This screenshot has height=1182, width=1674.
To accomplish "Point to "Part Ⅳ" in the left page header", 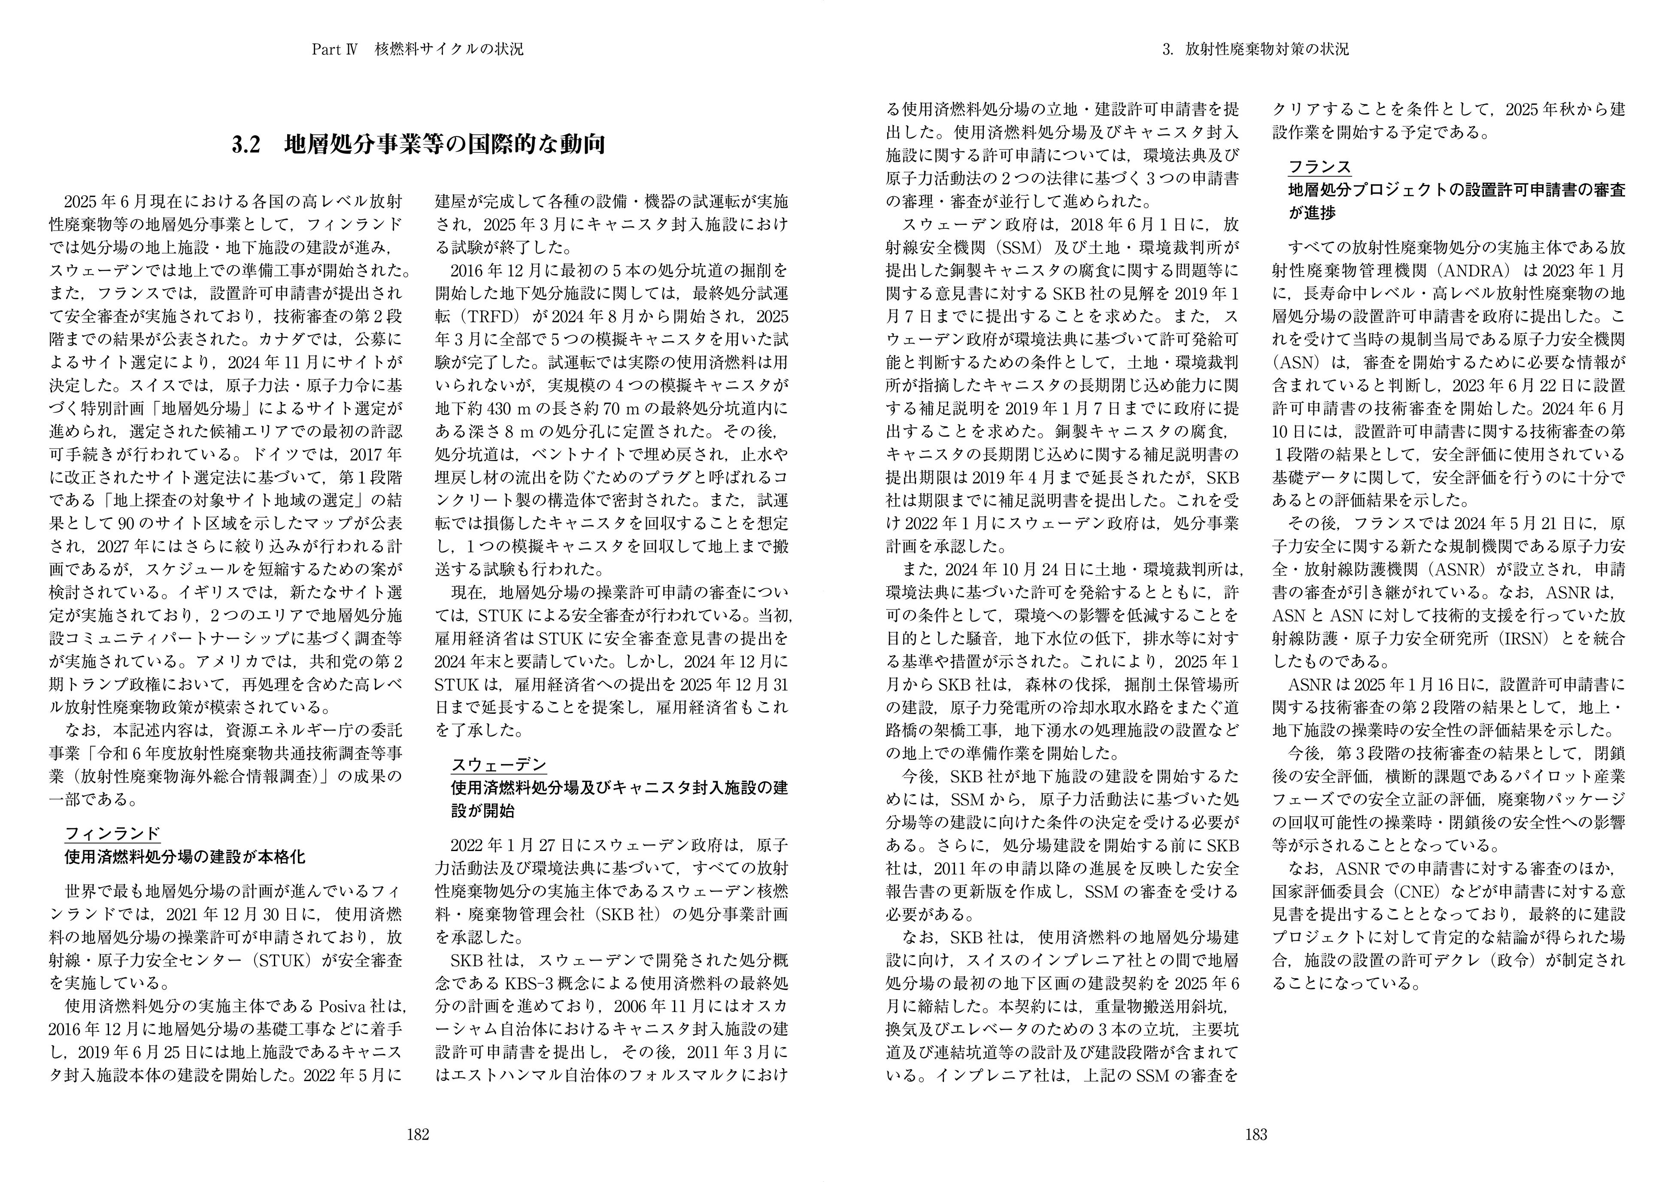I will click(x=333, y=50).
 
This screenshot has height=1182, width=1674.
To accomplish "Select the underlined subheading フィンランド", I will click(x=112, y=833).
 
